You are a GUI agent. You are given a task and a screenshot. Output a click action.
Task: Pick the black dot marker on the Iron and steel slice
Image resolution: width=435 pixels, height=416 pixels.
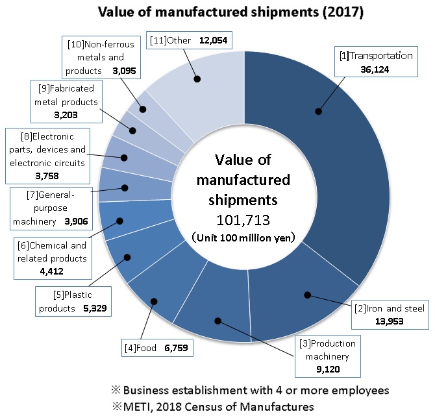click(307, 295)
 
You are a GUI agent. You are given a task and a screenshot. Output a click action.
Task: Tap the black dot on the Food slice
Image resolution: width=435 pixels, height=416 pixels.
click(154, 301)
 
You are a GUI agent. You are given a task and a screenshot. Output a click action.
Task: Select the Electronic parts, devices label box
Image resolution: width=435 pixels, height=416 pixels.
click(46, 156)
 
